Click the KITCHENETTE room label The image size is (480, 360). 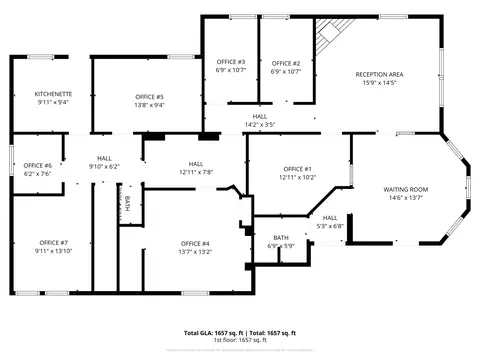(x=53, y=93)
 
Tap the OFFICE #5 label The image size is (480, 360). (x=150, y=96)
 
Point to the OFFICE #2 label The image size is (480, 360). (x=286, y=63)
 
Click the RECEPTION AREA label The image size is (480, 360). (x=380, y=74)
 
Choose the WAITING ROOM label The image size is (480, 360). (x=406, y=189)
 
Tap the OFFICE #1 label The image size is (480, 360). (x=298, y=169)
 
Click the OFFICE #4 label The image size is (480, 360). (x=195, y=244)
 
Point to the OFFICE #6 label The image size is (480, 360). (x=37, y=165)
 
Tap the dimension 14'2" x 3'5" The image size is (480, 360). (x=260, y=125)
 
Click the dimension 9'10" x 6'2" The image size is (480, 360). (x=104, y=167)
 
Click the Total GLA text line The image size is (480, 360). (x=239, y=331)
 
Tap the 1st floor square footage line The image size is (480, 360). (x=239, y=339)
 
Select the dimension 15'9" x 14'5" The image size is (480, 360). (x=380, y=82)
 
